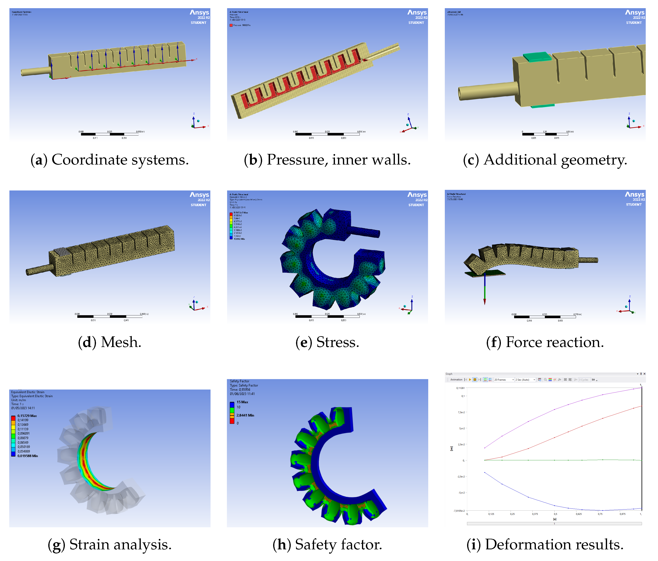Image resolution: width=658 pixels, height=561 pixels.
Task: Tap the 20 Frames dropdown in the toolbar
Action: point(504,380)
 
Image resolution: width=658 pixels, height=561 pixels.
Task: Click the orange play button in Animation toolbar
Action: point(470,380)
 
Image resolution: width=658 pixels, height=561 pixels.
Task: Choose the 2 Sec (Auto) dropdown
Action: point(525,380)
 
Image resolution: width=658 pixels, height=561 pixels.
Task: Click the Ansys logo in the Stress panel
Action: point(417,195)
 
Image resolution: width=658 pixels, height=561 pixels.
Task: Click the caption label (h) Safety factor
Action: point(327,544)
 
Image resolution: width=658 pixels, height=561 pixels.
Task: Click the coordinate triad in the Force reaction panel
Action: point(628,307)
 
